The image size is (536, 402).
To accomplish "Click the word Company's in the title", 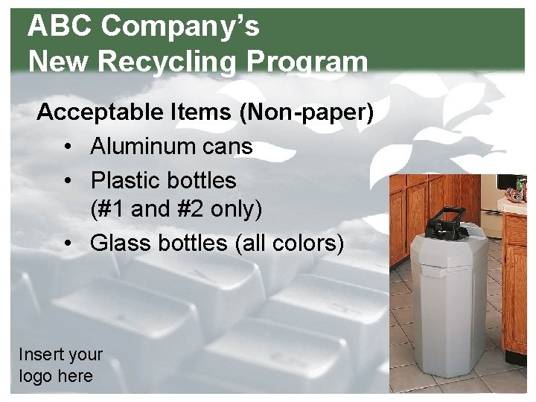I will (180, 27).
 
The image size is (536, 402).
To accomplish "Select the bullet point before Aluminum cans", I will (68, 147).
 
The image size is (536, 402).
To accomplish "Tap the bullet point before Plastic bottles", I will (68, 181).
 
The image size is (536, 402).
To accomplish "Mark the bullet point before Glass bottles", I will (68, 243).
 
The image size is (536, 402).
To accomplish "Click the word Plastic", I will (123, 180).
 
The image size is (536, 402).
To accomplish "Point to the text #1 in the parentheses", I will (111, 210).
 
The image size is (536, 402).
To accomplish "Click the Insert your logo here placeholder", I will (60, 365).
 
